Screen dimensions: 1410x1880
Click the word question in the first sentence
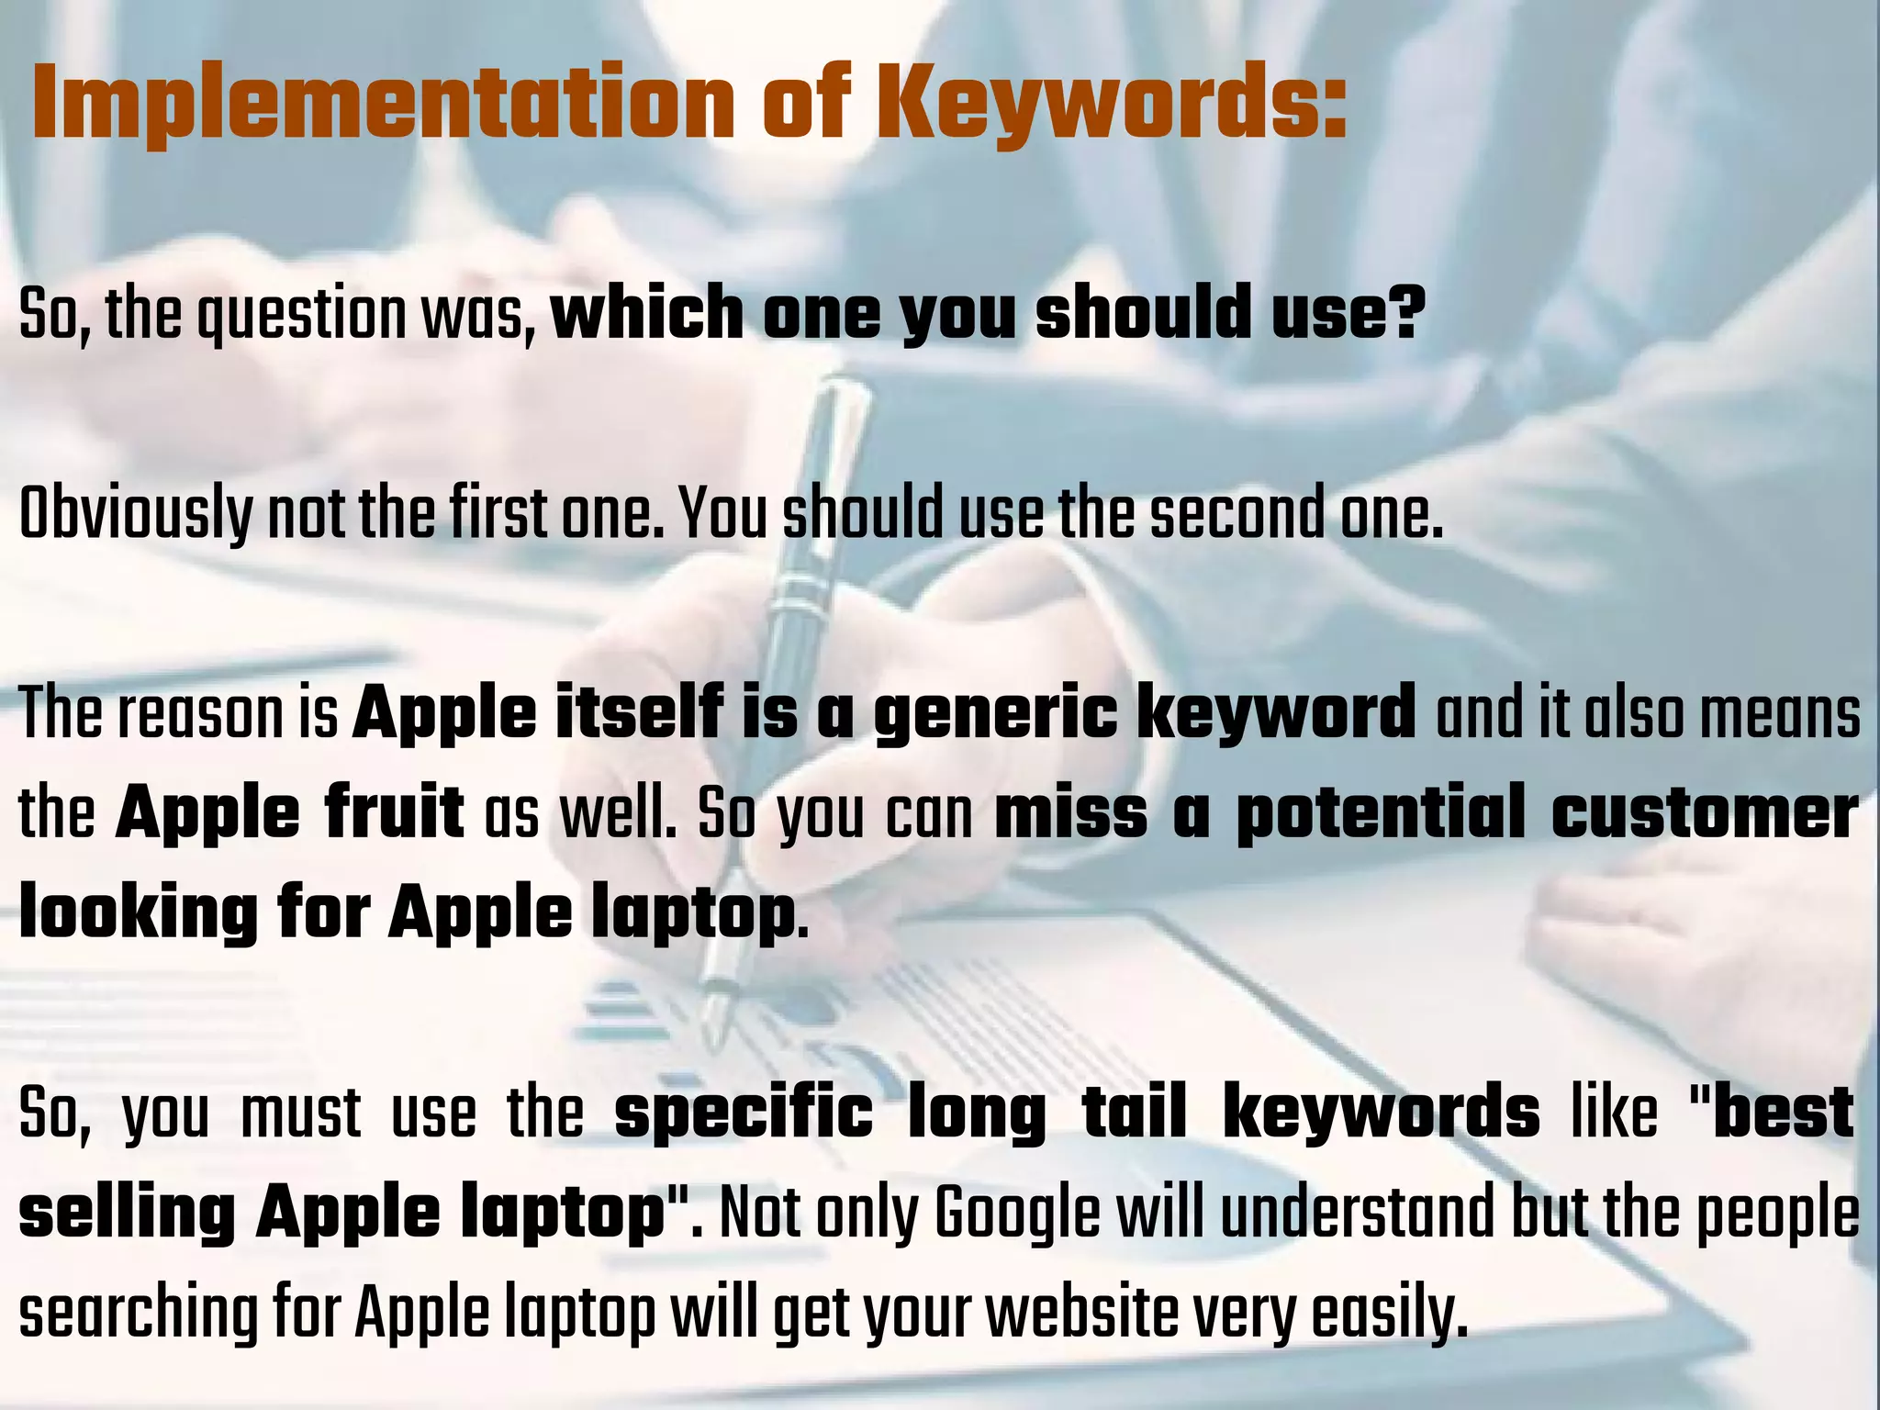[x=302, y=315]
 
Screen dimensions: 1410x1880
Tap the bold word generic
[x=996, y=714]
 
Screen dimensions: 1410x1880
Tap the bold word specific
[x=744, y=1113]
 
